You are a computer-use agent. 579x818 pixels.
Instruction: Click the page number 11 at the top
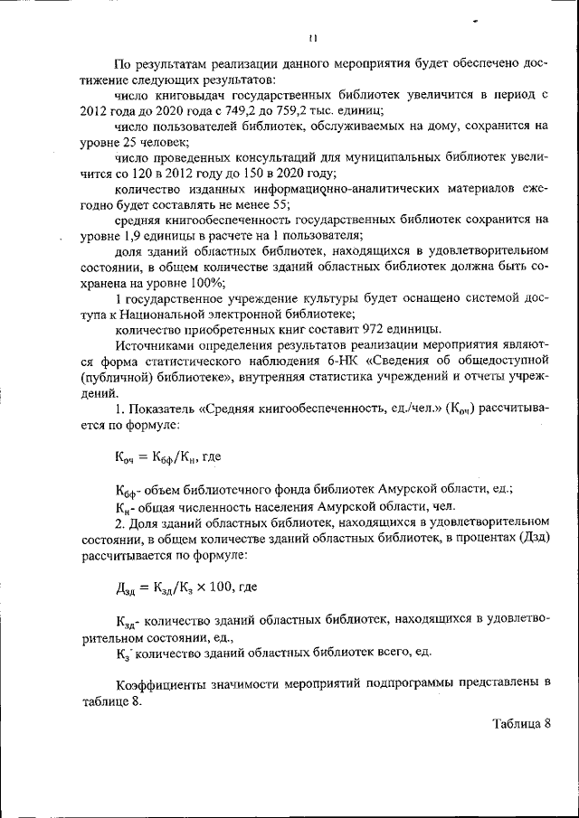(310, 38)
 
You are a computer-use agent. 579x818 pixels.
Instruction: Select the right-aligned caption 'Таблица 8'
(521, 724)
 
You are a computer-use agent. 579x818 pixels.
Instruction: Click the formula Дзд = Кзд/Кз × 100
(179, 586)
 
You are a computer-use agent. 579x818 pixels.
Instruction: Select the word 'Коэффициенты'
(162, 682)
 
